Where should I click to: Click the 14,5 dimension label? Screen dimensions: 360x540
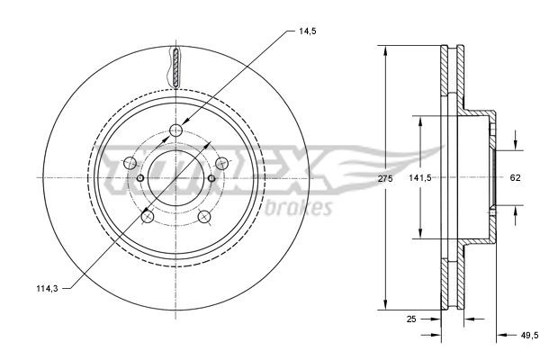click(307, 31)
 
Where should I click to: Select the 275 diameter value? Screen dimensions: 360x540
click(385, 178)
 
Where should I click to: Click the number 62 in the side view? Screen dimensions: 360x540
click(515, 178)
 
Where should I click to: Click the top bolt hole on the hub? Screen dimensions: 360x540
click(176, 133)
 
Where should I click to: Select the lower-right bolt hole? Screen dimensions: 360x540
click(204, 216)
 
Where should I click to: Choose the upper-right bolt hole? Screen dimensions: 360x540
click(222, 163)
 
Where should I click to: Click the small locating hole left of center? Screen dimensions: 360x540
click(141, 178)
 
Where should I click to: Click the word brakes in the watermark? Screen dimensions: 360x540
click(302, 206)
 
